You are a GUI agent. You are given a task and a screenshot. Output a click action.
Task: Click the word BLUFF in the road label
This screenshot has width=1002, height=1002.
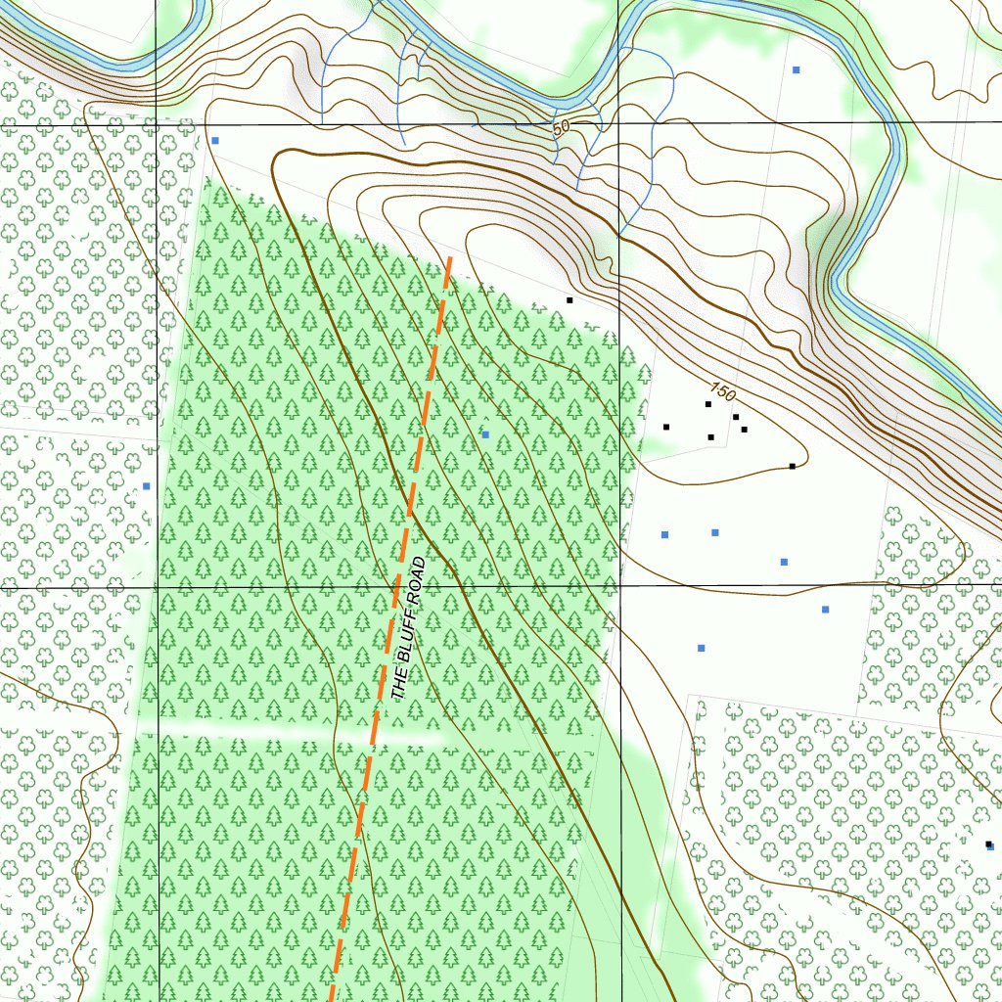pos(407,638)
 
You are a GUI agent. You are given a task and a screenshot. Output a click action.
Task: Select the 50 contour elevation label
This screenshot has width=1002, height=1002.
pos(560,127)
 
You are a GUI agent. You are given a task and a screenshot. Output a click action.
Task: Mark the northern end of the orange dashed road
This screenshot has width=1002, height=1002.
pos(450,257)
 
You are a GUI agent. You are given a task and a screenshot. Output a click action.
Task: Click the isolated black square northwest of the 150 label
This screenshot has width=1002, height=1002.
pos(569,299)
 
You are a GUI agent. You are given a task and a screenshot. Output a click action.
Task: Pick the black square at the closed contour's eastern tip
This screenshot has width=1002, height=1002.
pos(792,466)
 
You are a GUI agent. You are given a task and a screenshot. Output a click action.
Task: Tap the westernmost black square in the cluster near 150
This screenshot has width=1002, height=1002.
pos(666,427)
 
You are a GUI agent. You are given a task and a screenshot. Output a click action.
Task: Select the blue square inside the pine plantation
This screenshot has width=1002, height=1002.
pos(485,433)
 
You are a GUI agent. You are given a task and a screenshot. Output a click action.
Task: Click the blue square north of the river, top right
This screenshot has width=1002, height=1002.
pos(797,70)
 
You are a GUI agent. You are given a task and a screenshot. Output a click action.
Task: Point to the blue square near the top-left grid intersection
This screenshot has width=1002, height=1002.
pos(215,140)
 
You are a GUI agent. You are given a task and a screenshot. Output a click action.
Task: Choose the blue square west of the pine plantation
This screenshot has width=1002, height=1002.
pos(147,485)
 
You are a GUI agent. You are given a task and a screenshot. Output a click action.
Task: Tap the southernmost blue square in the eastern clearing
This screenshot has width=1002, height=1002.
pos(701,648)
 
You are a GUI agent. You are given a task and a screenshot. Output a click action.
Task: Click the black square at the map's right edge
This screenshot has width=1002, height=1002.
pos(988,843)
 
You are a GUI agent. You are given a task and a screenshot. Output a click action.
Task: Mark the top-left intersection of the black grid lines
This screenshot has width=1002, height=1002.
pos(158,125)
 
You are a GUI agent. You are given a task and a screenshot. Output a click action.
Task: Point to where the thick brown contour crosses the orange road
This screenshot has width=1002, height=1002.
pos(409,509)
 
